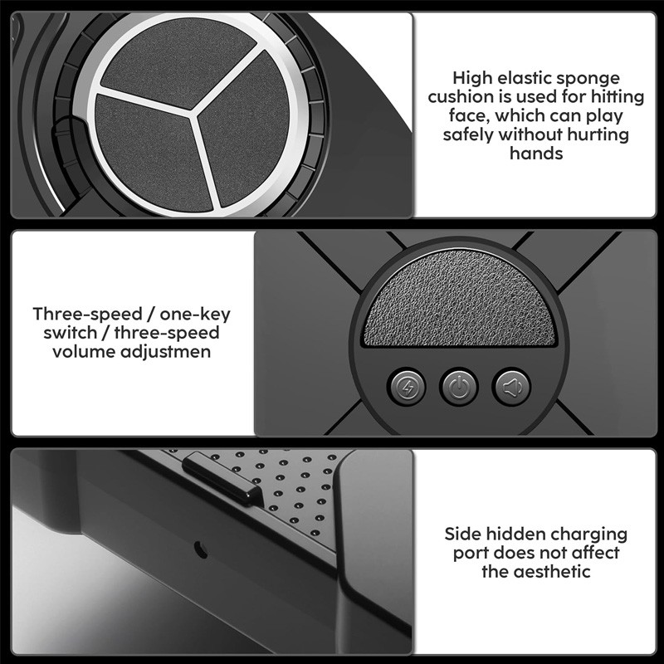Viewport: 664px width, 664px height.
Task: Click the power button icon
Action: tap(459, 387)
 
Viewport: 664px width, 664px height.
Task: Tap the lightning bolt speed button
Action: tap(407, 387)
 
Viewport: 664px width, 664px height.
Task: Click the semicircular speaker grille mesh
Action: tap(460, 300)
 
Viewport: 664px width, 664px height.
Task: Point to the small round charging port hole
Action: tap(201, 549)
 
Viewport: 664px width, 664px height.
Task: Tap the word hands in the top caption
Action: tap(536, 153)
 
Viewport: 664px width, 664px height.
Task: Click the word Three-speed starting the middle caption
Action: tap(87, 315)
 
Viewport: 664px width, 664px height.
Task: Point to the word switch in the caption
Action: tap(71, 333)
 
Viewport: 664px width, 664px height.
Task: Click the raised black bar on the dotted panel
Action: tap(222, 477)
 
